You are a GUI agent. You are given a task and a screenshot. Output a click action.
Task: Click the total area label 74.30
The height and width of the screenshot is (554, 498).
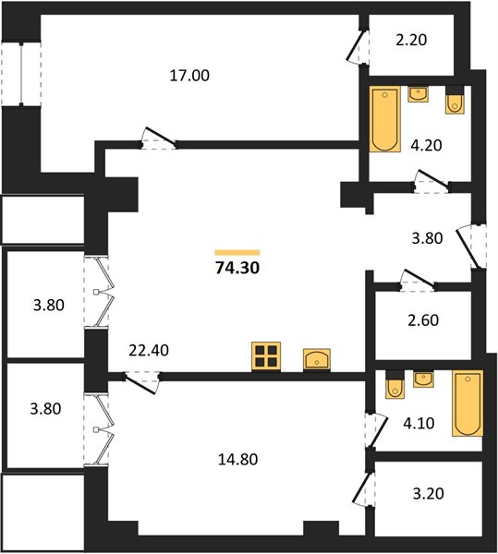click(x=237, y=268)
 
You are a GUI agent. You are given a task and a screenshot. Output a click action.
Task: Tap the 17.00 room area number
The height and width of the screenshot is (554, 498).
click(x=189, y=76)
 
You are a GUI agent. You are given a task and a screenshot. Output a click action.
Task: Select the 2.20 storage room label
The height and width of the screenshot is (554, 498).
click(x=411, y=40)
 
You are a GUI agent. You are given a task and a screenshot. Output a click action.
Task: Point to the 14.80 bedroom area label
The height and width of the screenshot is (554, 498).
click(x=237, y=459)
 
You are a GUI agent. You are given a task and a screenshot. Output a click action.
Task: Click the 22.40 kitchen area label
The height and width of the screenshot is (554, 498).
click(x=149, y=350)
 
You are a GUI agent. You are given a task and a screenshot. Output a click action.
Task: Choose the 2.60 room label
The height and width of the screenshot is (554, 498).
click(x=423, y=320)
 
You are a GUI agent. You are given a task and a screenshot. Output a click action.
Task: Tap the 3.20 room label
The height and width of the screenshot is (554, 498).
click(x=429, y=493)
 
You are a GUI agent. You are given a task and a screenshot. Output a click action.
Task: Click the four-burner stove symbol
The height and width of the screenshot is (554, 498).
click(x=266, y=356)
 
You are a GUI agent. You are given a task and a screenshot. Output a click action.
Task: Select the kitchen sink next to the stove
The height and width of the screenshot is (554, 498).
click(x=317, y=360)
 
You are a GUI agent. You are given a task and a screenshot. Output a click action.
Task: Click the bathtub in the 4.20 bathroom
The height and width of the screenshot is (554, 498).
click(x=385, y=119)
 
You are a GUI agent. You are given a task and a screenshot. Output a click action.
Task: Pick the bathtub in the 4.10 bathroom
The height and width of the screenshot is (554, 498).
click(x=468, y=403)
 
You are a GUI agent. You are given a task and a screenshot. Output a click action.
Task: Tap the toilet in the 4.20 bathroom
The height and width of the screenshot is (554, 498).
click(x=455, y=100)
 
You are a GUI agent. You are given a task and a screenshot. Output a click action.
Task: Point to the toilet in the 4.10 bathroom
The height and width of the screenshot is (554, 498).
click(x=395, y=384)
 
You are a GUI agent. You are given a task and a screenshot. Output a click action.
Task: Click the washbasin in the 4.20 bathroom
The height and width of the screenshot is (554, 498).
click(x=419, y=94)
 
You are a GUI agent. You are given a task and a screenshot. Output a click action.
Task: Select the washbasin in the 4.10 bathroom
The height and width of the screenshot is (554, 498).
click(x=423, y=379)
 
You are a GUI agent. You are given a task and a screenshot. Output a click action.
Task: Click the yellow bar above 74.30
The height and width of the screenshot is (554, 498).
click(x=237, y=252)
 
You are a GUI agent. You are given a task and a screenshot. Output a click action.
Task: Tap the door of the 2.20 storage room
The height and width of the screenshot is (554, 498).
click(x=357, y=47)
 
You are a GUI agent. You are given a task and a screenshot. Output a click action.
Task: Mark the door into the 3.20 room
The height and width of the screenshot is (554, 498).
click(x=362, y=489)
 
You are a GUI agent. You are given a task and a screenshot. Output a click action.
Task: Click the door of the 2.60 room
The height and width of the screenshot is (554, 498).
click(x=418, y=279)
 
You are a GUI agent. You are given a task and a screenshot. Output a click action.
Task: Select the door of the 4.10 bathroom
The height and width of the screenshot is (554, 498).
click(x=377, y=430)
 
